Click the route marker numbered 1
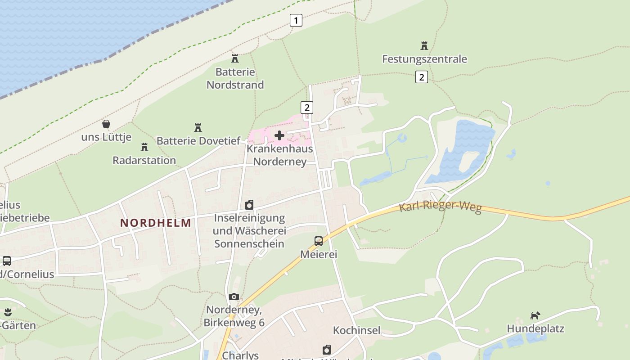(x=296, y=20)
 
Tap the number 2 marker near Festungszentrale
(x=421, y=77)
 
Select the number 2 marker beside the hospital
(x=307, y=108)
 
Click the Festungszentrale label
(x=424, y=59)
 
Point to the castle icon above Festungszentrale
(x=424, y=45)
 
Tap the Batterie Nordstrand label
(x=235, y=78)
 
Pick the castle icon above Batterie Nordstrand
(x=234, y=58)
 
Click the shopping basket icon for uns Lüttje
(x=106, y=124)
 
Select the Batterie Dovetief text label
(x=198, y=141)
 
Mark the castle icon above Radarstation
(x=144, y=147)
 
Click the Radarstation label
(x=144, y=160)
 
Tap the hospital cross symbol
(x=279, y=135)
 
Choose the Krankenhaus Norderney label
(x=279, y=155)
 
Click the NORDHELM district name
(x=156, y=223)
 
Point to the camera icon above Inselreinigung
(x=249, y=205)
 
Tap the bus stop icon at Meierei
(x=319, y=241)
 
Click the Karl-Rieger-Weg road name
(x=440, y=207)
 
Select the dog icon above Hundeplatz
(x=535, y=315)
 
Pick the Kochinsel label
(x=356, y=330)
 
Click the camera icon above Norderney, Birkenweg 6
(x=234, y=297)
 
